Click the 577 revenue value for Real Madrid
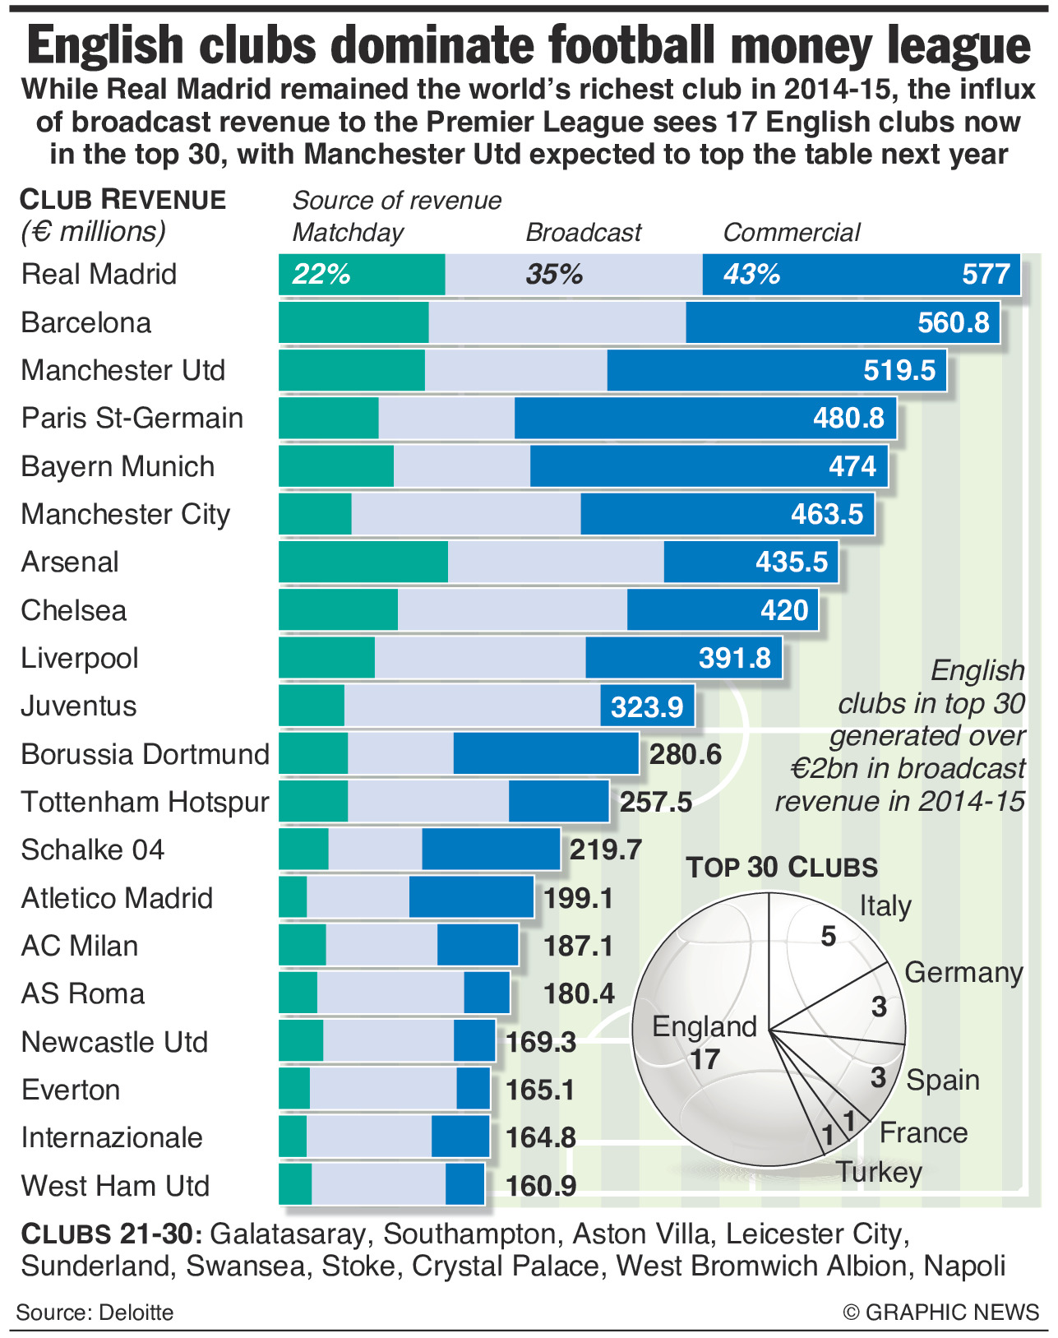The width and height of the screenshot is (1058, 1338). coord(986,274)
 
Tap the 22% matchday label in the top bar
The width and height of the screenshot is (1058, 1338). coord(321,274)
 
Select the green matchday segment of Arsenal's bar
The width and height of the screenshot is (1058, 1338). coord(363,562)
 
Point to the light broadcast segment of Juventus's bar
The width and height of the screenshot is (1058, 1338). coord(472,706)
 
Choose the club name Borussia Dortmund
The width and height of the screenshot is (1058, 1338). coord(145,754)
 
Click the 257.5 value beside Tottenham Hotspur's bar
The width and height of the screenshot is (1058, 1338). coord(655,802)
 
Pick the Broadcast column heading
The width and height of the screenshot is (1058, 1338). coord(583,233)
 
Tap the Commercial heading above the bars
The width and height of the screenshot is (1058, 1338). coord(791,233)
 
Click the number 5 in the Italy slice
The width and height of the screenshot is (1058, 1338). coord(828,936)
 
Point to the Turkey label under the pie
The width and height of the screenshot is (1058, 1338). coord(879,1172)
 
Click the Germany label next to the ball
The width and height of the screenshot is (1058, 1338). coord(963,972)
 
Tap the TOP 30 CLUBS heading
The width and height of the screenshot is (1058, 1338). coord(782,868)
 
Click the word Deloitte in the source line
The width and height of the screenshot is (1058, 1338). coord(136,1312)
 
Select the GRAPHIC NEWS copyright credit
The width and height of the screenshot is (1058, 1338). coord(941,1312)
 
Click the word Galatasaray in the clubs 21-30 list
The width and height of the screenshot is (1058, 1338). coord(288,1234)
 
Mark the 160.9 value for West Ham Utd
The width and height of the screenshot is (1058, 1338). coord(540,1186)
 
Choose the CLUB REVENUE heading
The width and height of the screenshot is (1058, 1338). coord(123,200)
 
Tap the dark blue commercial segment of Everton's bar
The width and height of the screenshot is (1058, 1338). coord(473,1090)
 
